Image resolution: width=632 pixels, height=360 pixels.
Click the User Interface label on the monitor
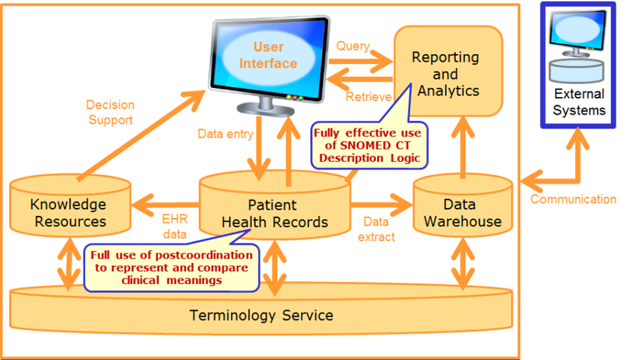(268, 55)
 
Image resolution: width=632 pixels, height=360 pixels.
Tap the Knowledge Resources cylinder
(70, 206)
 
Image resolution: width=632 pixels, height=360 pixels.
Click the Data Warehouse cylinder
(463, 206)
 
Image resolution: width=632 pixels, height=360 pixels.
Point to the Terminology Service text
(262, 316)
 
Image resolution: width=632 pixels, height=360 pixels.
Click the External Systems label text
(579, 102)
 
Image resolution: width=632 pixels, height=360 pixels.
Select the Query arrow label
(353, 46)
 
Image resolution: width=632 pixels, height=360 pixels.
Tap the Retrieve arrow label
(368, 97)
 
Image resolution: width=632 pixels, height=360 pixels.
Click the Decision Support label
(110, 112)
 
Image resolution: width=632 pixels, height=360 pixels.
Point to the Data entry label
(225, 134)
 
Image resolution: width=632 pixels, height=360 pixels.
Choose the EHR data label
(175, 227)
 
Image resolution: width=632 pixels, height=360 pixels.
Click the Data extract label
(376, 229)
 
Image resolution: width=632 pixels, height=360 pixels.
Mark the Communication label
(573, 199)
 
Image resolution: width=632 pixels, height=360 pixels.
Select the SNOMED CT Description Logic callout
(369, 145)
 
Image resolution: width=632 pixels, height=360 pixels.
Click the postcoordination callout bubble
(172, 267)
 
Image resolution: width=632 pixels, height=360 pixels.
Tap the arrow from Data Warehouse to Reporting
(463, 147)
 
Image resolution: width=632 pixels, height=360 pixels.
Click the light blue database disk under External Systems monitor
(576, 71)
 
